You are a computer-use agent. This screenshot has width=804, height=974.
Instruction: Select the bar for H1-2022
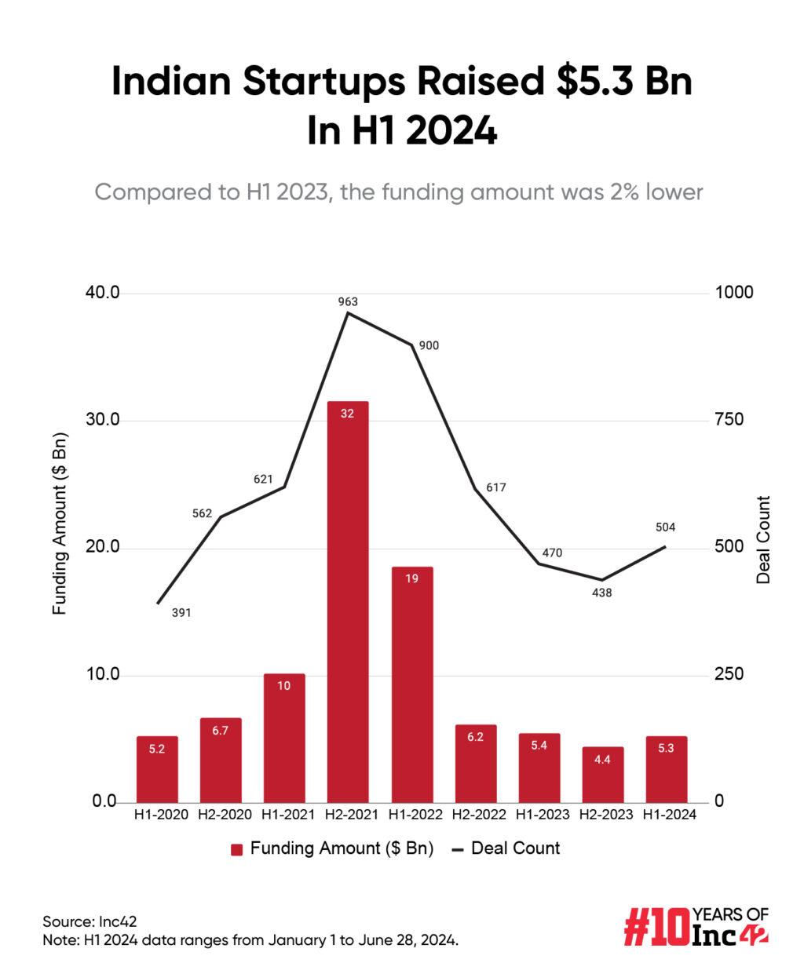[x=411, y=684]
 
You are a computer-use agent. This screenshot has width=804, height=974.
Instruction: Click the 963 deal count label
[x=348, y=301]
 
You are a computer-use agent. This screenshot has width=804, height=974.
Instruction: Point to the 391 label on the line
[x=181, y=612]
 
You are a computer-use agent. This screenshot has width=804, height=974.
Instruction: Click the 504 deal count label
[x=665, y=527]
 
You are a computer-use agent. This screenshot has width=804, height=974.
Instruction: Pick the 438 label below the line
[x=601, y=593]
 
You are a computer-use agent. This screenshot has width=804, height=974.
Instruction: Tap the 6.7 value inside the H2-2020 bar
[x=221, y=731]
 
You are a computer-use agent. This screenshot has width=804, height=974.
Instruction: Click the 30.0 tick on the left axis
[x=102, y=420]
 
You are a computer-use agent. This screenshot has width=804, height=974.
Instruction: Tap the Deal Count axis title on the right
[x=763, y=539]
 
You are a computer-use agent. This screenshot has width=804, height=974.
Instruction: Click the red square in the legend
[x=236, y=849]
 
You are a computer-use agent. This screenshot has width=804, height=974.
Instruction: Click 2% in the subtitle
[x=605, y=192]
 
